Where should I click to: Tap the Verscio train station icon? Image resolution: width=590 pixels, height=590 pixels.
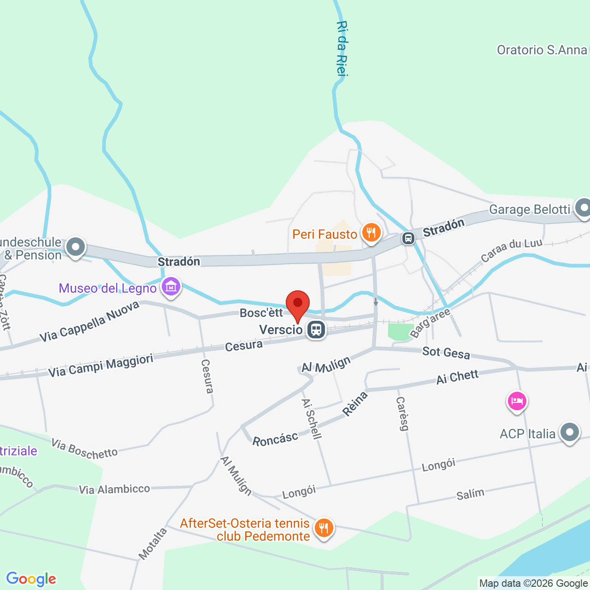point(316,330)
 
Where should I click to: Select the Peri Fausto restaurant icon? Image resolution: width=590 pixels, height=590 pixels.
point(371,233)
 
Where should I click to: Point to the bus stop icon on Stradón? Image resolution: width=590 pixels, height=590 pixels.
point(408,238)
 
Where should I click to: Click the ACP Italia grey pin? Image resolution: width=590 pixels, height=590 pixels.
point(570,432)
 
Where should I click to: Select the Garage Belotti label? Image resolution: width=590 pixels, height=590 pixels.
point(530,210)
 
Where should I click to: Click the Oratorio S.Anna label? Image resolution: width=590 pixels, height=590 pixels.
point(542,50)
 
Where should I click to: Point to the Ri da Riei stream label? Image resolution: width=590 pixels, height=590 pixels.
point(342,48)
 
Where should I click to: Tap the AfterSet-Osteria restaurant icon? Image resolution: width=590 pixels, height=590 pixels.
point(324,528)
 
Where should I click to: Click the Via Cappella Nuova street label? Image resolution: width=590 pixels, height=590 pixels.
point(89,322)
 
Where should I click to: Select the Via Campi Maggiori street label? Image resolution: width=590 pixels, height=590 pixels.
point(101,366)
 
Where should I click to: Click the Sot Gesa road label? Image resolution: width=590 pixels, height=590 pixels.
point(446,353)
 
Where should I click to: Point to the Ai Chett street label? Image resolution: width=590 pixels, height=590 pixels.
point(457,377)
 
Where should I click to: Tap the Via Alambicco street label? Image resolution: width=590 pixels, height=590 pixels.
point(114,489)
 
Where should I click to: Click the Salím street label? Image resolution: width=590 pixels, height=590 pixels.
point(470,495)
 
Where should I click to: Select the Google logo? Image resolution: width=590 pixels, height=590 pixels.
point(31,579)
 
